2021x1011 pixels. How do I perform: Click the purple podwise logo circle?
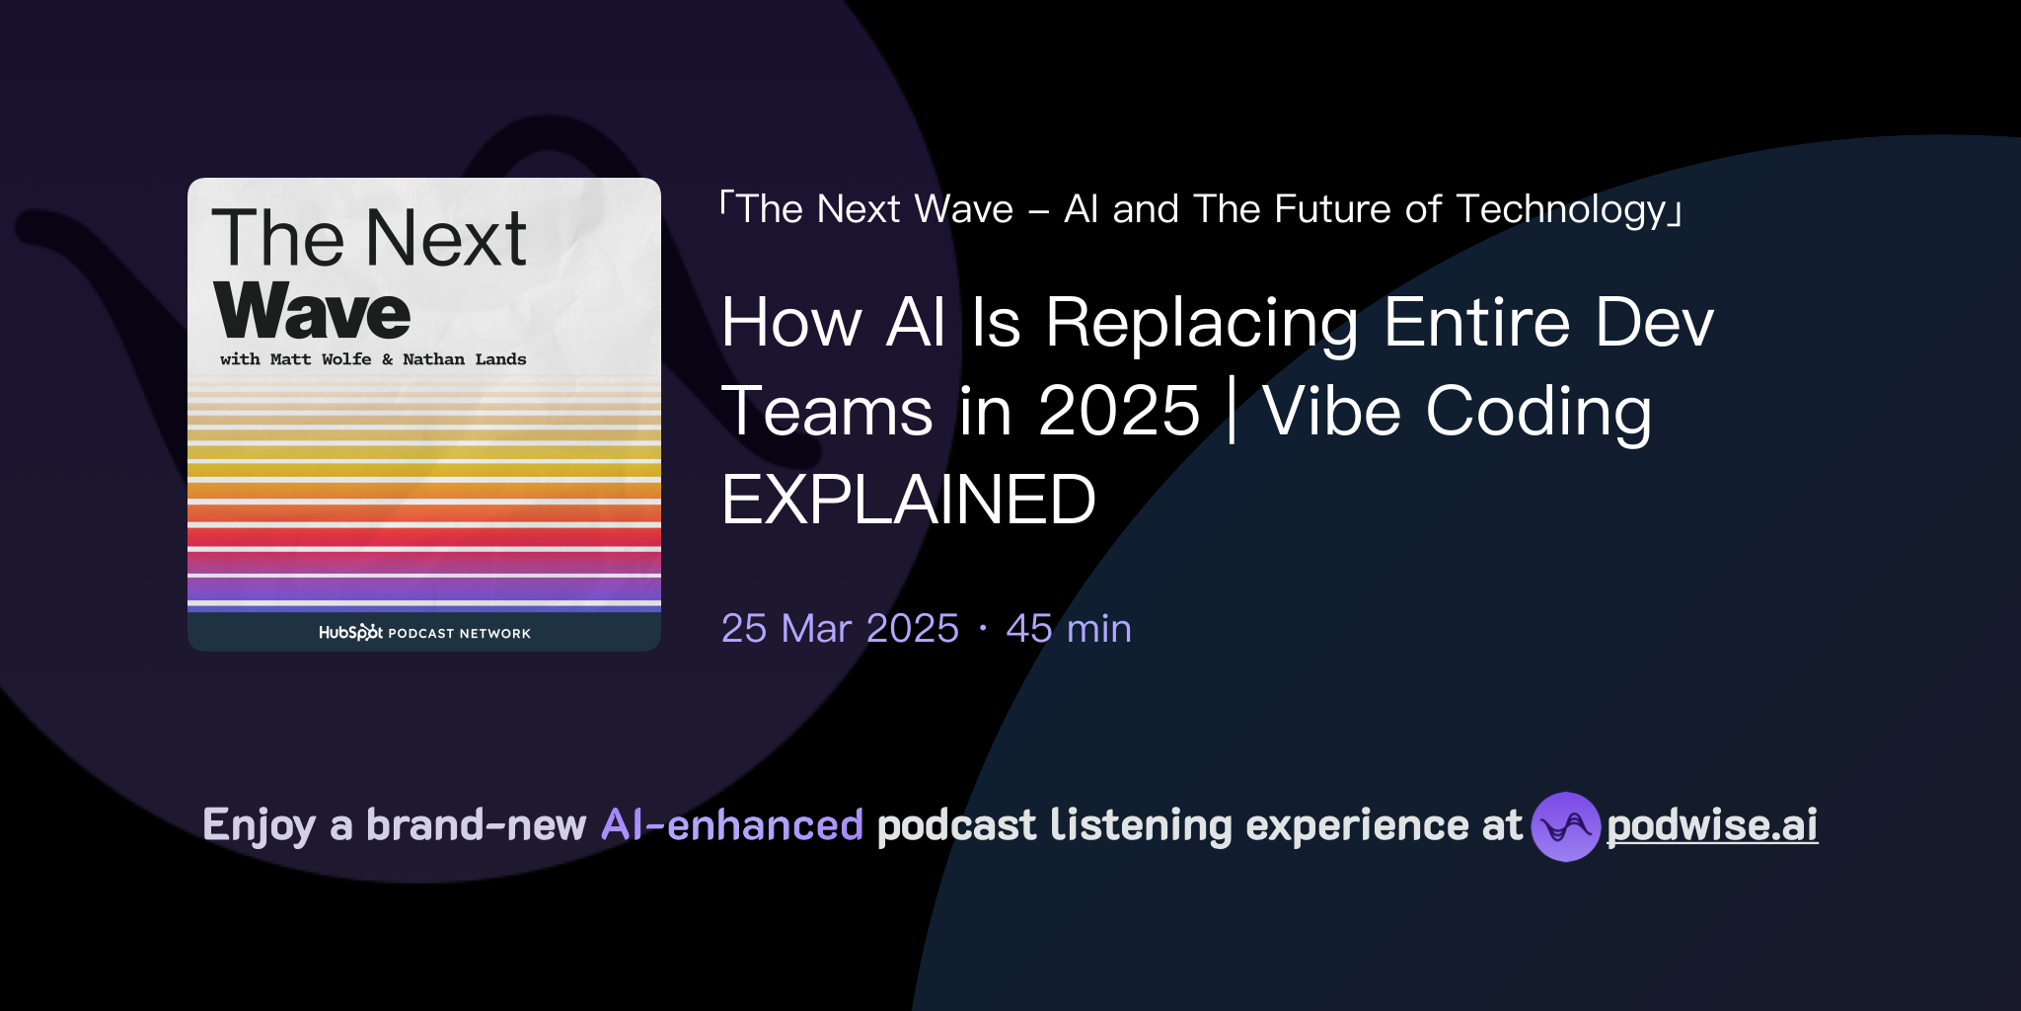(x=1565, y=826)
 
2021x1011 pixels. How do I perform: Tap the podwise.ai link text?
(x=1712, y=825)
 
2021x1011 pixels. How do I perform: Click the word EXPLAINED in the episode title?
(x=908, y=500)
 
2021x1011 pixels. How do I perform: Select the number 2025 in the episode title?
(x=1118, y=411)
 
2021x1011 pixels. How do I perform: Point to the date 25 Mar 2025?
(x=840, y=629)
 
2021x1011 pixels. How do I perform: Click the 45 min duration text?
(x=1069, y=629)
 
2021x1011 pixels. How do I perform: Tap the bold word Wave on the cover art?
(x=312, y=311)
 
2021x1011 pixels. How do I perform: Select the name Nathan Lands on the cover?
(x=464, y=359)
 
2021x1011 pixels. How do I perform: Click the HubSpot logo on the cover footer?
(x=350, y=633)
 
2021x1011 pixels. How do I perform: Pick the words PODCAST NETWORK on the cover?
(x=459, y=634)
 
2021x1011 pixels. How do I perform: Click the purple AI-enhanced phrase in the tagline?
(x=732, y=825)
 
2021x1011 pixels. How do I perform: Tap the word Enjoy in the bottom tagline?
(x=259, y=825)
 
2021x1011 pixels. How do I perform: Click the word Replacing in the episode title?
(x=1201, y=323)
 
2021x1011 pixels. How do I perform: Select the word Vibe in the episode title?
(x=1331, y=411)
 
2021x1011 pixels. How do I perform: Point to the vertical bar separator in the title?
(x=1232, y=411)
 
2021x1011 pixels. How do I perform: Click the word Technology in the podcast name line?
(x=1561, y=209)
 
